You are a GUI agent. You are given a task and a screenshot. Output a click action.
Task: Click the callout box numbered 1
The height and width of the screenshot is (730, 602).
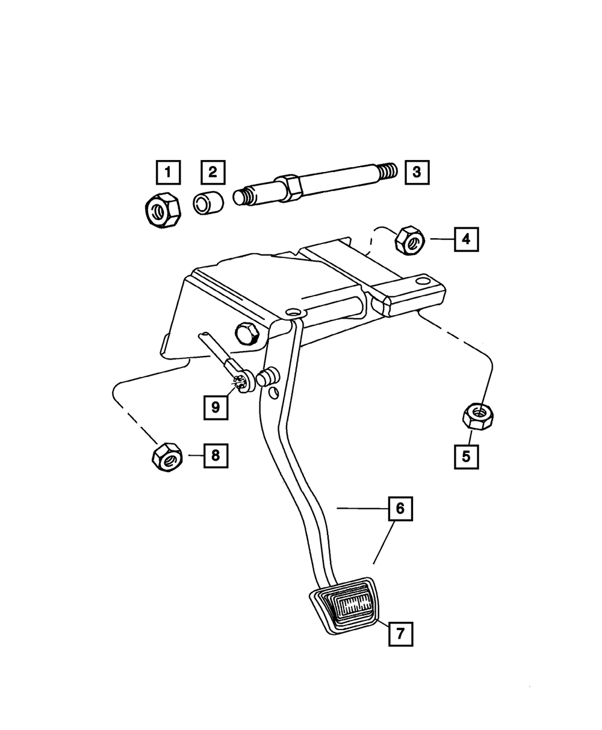168,173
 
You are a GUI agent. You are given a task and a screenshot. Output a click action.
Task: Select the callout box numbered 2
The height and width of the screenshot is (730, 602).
213,173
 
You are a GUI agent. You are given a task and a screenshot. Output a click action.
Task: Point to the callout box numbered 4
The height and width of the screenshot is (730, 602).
466,239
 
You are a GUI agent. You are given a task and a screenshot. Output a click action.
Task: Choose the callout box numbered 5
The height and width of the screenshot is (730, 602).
467,456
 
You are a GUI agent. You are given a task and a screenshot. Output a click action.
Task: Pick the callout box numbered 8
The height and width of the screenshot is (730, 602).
216,455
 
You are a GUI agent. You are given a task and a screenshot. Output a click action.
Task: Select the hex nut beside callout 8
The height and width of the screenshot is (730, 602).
166,458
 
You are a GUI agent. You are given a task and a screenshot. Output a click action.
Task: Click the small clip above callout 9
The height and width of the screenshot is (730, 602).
240,382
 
